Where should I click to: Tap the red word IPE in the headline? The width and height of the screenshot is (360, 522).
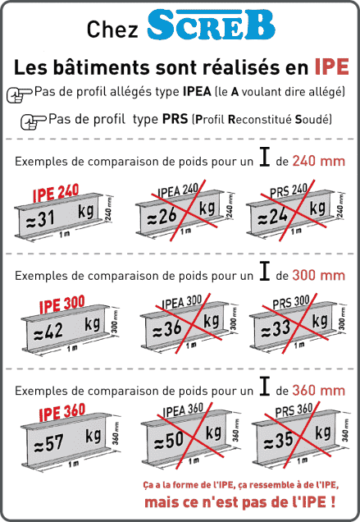(x=330, y=66)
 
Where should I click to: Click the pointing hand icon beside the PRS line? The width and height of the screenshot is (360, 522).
(x=33, y=121)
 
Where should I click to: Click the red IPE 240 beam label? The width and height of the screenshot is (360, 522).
(x=55, y=195)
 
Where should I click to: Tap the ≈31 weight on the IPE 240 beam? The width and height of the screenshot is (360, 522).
(x=38, y=217)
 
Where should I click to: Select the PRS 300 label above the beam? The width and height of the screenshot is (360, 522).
(x=291, y=302)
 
